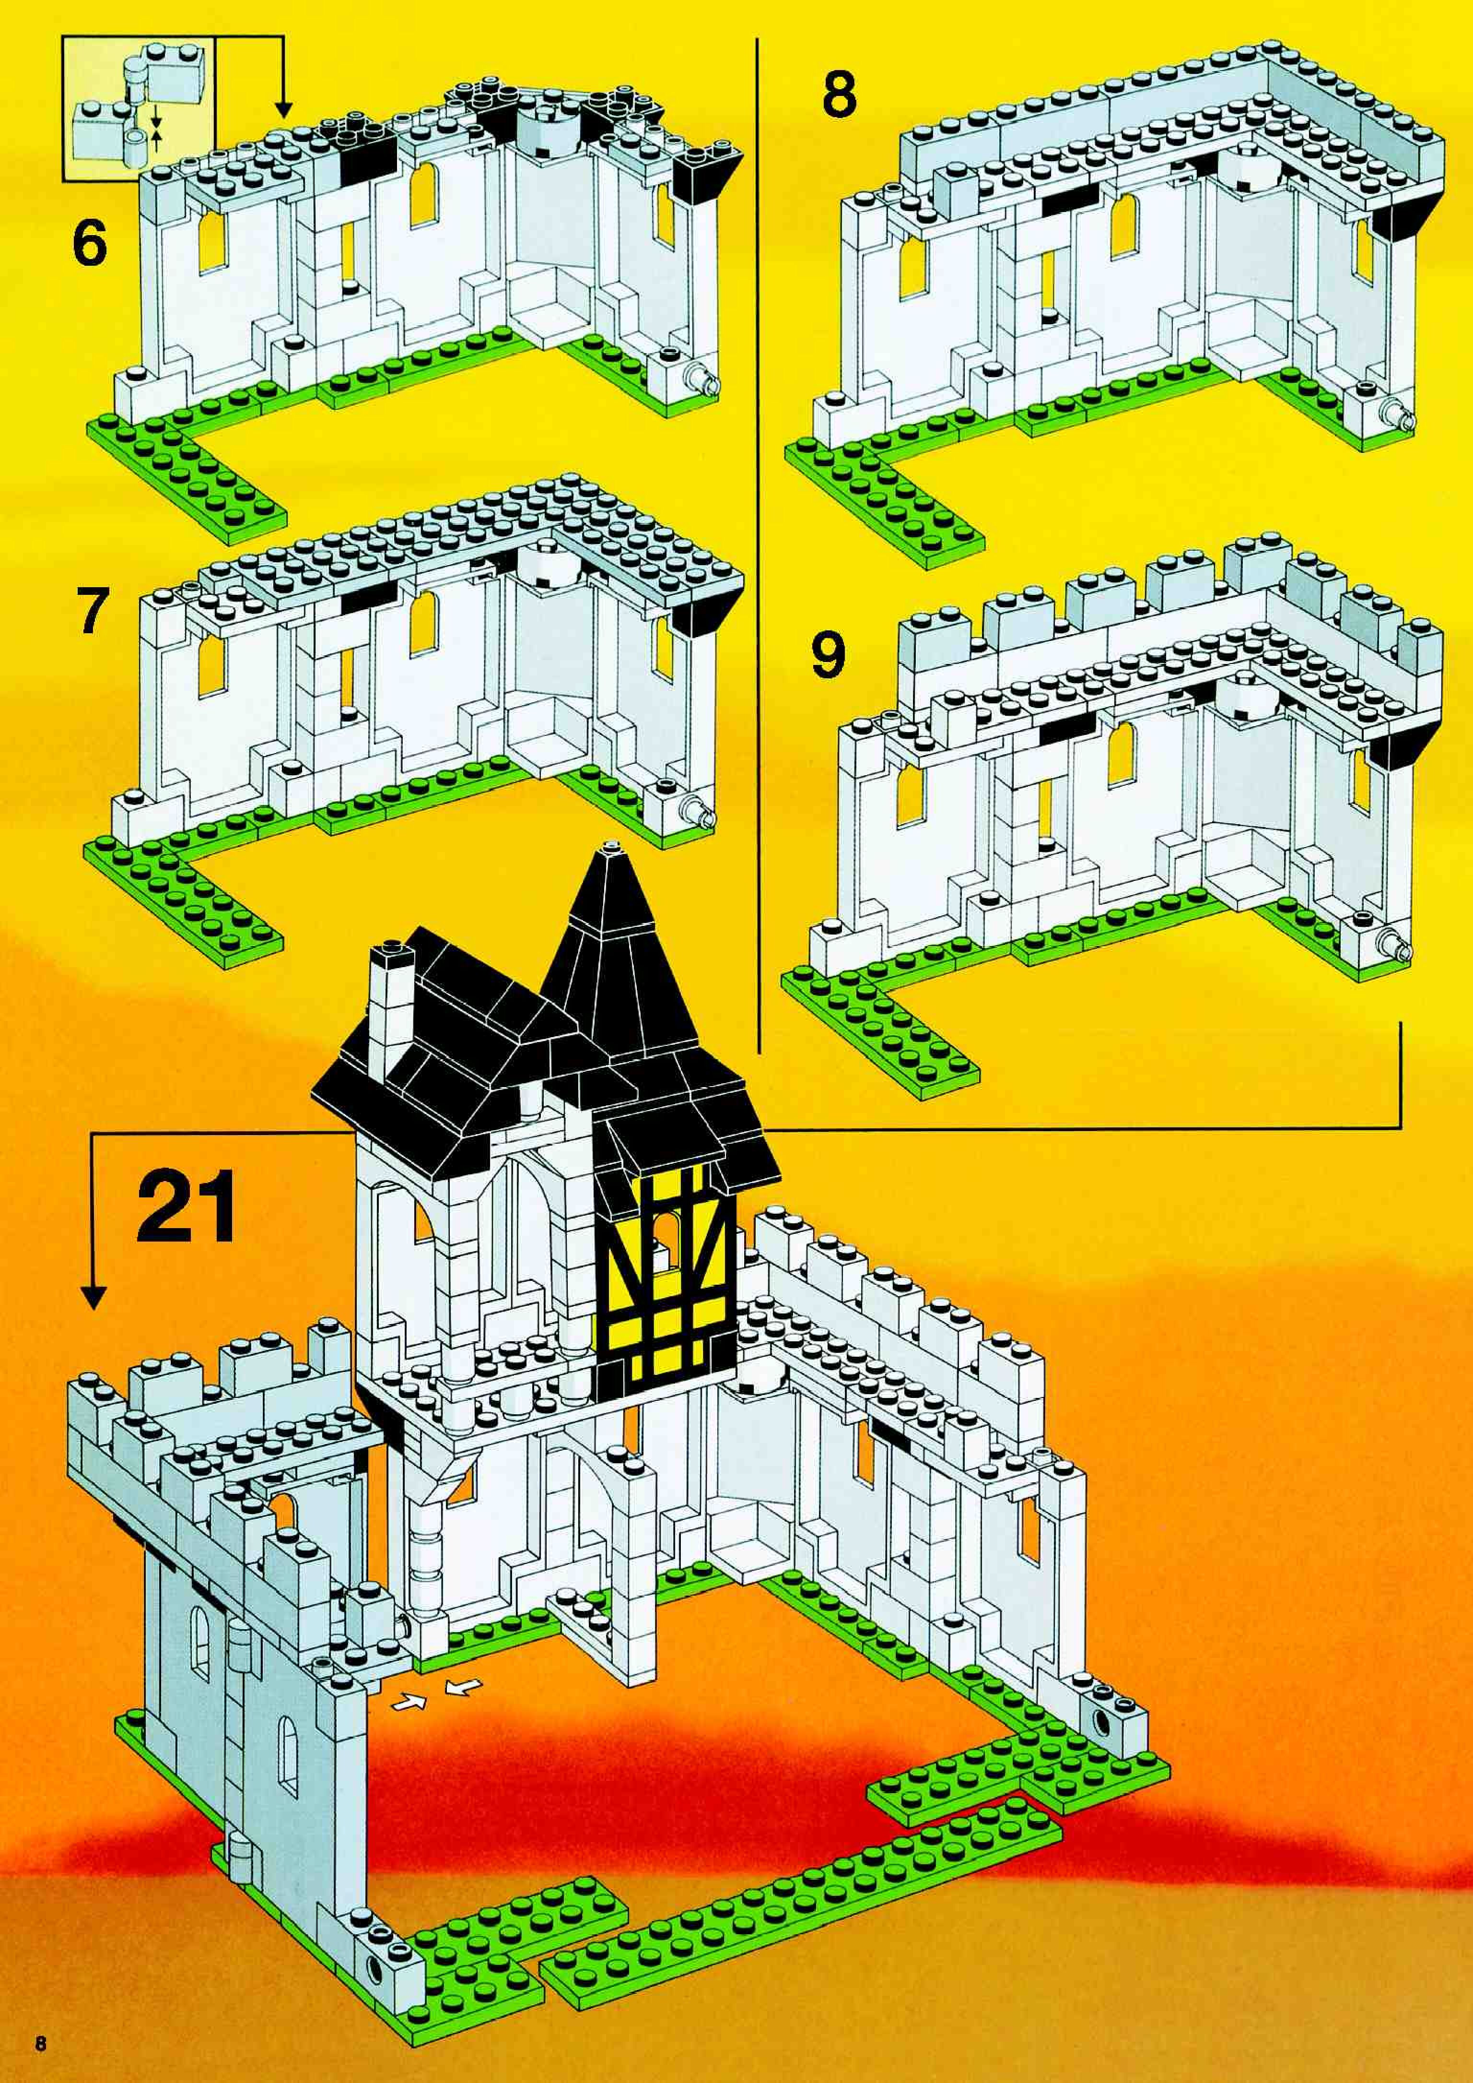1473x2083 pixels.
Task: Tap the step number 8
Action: point(839,95)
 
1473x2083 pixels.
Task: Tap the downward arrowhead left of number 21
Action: point(93,1297)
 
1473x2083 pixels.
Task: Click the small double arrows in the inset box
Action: point(156,127)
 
